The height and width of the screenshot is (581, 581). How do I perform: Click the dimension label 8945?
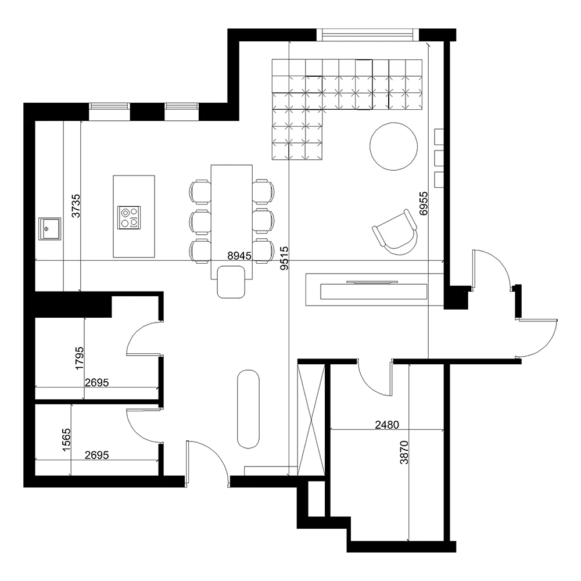240,255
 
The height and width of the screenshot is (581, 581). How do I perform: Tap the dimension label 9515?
284,257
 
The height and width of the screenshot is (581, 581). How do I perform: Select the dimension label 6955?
424,203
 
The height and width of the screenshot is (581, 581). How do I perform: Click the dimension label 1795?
80,358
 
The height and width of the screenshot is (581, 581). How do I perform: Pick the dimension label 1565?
66,440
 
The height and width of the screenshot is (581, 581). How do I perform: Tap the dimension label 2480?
387,425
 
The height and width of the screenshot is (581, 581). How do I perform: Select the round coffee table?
393,146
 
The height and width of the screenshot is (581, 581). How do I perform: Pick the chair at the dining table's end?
231,282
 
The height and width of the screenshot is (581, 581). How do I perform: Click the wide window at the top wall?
370,35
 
